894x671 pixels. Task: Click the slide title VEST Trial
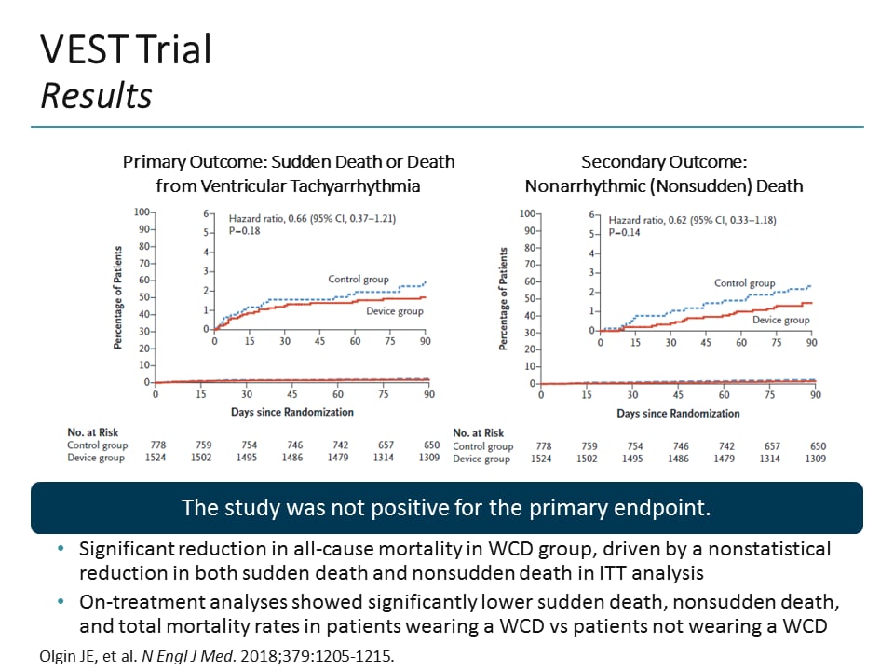click(126, 50)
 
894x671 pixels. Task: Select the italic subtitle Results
click(96, 96)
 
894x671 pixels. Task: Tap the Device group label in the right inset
click(780, 320)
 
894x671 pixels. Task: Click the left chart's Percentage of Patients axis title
click(119, 298)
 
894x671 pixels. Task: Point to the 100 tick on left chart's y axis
click(141, 212)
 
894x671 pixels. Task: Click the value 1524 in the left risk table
click(155, 458)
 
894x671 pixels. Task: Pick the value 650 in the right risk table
click(815, 446)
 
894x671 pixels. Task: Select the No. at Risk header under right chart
click(480, 432)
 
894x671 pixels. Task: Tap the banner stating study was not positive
click(446, 508)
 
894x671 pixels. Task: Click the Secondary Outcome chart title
click(663, 161)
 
